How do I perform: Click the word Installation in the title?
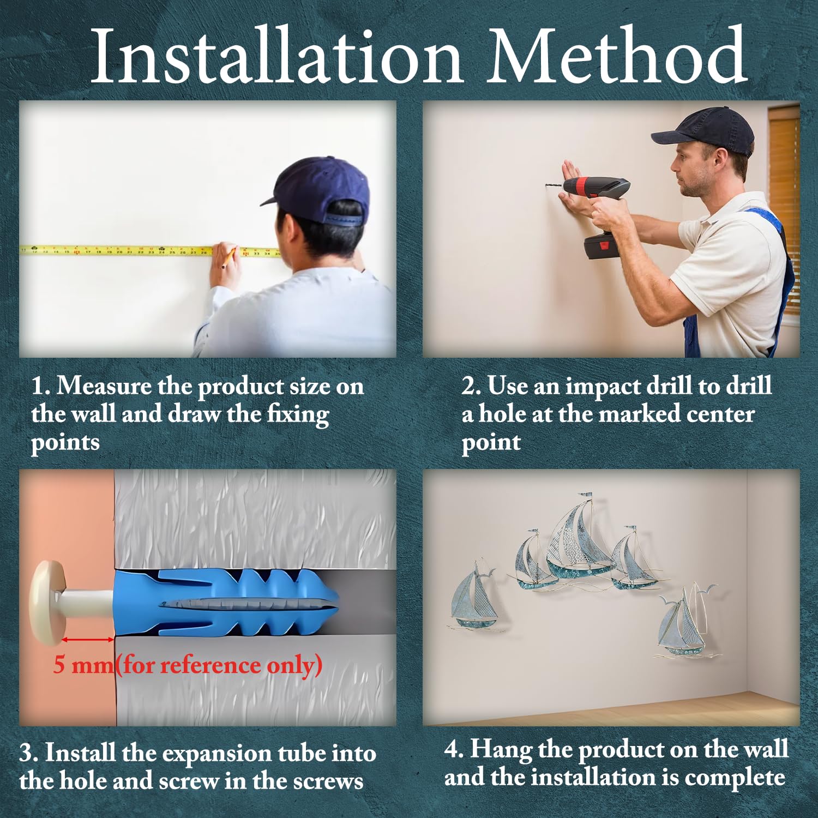coord(277,56)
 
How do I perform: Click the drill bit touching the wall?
coord(553,187)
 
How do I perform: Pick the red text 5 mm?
coord(83,665)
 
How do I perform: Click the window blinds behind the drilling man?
coord(784,213)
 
